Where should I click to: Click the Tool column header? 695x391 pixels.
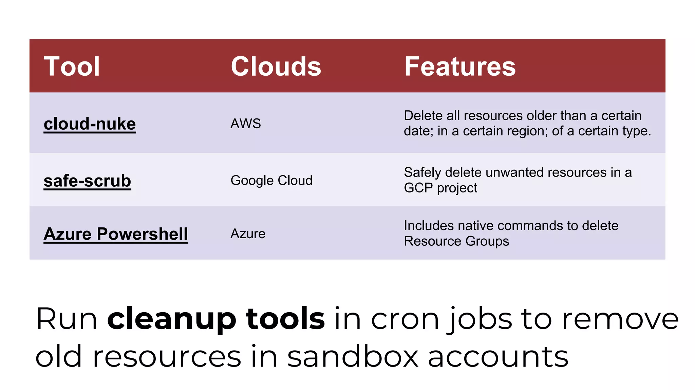point(72,66)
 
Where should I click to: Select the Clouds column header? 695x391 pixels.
point(276,66)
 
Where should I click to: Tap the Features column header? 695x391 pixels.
point(460,66)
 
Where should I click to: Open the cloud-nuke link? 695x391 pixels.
point(90,124)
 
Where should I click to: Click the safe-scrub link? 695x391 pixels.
point(87,181)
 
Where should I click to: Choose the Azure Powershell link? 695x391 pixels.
point(116,234)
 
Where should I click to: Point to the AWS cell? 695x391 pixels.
point(246,124)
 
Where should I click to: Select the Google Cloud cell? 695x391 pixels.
point(271,181)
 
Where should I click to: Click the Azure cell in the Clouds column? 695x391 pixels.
point(248,234)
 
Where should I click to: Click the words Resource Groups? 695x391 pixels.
point(456,241)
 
